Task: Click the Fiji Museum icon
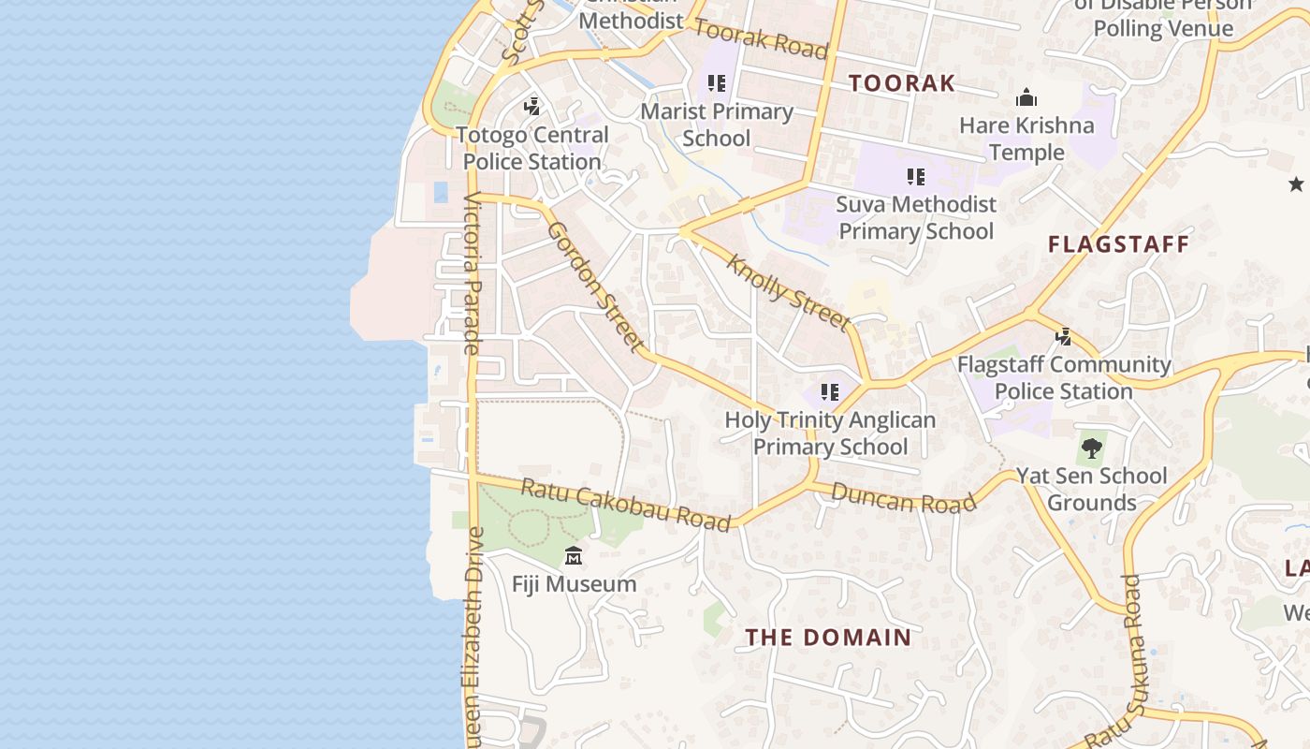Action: [x=574, y=557]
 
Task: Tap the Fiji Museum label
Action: [x=574, y=584]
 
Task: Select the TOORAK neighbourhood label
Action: [x=902, y=83]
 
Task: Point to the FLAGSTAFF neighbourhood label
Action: [x=1118, y=244]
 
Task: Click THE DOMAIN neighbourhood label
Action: [x=828, y=638]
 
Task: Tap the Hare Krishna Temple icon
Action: [x=1026, y=98]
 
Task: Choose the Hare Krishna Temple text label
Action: [x=1026, y=139]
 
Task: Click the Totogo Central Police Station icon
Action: [x=532, y=107]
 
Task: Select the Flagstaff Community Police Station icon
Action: [x=1063, y=337]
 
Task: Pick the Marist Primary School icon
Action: [x=717, y=83]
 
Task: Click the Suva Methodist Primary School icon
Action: [x=916, y=176]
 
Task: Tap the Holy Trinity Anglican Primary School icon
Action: [x=830, y=392]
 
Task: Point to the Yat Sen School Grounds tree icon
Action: [x=1091, y=448]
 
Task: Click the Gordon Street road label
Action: [x=596, y=286]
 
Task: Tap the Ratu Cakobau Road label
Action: [x=625, y=505]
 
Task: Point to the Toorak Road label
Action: [x=760, y=38]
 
